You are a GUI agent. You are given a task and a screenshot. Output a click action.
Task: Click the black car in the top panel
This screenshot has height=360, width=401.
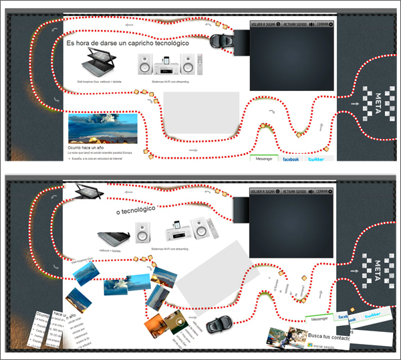pyautogui.click(x=220, y=40)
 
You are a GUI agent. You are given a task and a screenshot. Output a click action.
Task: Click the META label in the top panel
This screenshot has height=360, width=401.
pyautogui.click(x=378, y=102)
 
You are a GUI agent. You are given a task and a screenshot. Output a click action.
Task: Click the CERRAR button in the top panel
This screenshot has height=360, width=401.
pyautogui.click(x=325, y=24)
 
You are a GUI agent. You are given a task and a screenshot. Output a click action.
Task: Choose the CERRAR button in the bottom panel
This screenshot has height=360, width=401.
pyautogui.click(x=325, y=191)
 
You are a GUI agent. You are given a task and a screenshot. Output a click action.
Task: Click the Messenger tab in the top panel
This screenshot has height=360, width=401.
pyautogui.click(x=264, y=159)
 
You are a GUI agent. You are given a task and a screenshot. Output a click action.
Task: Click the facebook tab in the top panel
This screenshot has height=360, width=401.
pyautogui.click(x=291, y=159)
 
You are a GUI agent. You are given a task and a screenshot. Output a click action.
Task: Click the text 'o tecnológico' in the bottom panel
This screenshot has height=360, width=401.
pyautogui.click(x=136, y=210)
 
